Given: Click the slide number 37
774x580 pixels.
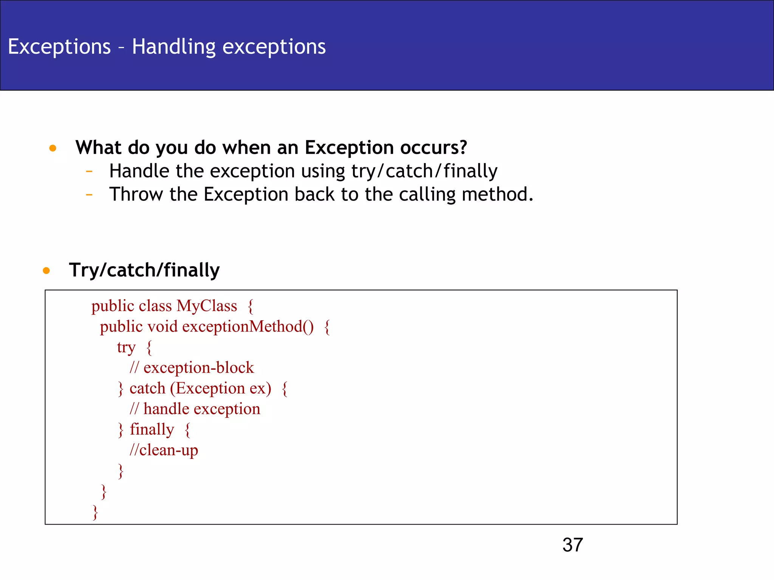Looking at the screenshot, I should coord(572,545).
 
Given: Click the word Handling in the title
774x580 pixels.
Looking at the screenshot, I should coord(174,47).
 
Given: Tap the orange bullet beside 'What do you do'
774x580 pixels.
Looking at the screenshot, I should coord(53,148).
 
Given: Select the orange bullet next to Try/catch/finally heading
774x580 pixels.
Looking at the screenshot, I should coord(46,270).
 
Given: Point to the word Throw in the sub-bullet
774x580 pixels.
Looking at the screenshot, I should coord(136,194).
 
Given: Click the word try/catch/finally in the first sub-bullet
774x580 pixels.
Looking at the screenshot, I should coord(424,171).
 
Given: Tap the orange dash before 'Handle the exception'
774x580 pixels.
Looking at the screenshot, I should coord(89,171).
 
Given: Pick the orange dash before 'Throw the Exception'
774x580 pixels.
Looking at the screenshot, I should coord(89,195).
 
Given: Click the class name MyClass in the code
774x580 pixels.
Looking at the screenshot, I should coord(207,306).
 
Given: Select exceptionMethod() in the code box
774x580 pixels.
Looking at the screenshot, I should coord(248,327).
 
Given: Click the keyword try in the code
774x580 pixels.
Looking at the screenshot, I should coord(126,347).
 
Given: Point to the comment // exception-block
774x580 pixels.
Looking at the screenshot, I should coord(192,368).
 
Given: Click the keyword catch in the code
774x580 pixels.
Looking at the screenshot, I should coord(147,388).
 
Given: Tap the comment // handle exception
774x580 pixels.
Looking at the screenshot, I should coord(195,409).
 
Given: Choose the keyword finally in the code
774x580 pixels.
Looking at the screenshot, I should coord(152,429).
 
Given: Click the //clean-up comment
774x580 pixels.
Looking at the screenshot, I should coord(164,450).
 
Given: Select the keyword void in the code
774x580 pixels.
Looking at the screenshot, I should coord(162,327).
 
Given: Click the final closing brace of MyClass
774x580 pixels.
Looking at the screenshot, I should coord(95,512).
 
